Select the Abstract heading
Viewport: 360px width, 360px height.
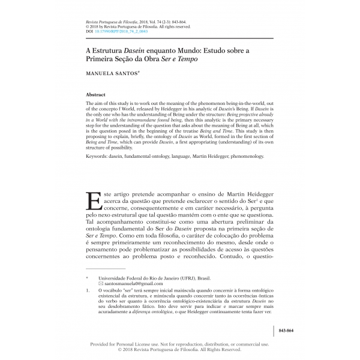[96, 95]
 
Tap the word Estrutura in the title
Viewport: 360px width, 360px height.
[108, 51]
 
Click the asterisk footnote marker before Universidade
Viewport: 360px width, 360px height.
[88, 277]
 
